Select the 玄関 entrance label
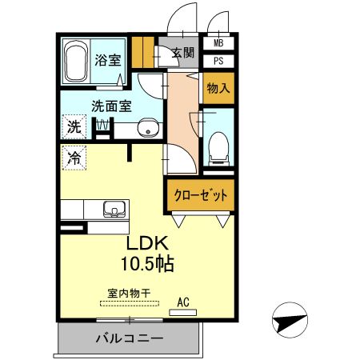182,54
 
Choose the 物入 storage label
218,87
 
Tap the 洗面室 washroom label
111,105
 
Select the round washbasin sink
147,128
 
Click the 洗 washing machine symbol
74,126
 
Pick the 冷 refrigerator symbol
74,158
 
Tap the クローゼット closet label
200,194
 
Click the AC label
183,302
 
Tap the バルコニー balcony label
130,338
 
